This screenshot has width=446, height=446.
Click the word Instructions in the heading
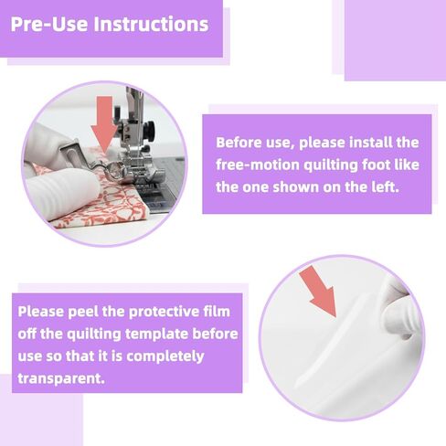tap(151, 24)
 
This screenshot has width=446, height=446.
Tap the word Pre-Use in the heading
tap(49, 24)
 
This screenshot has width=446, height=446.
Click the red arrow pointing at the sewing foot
tap(104, 123)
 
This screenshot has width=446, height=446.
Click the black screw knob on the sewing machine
tap(150, 130)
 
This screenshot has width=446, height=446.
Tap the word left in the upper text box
tap(388, 187)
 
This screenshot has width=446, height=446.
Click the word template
tap(156, 334)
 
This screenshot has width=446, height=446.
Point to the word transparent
tap(61, 378)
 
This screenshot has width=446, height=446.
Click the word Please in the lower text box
tap(41, 312)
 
